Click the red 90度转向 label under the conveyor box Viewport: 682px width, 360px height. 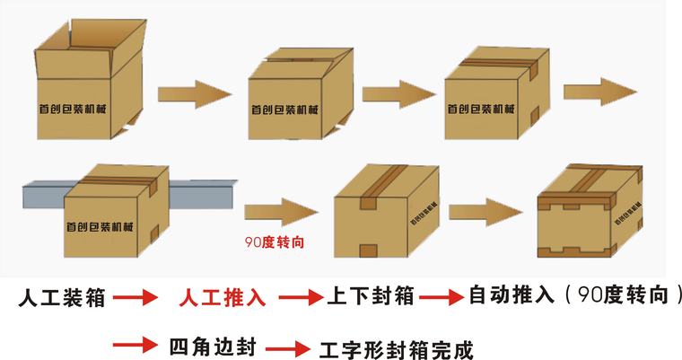click(x=270, y=241)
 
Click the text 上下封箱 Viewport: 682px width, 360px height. click(x=369, y=296)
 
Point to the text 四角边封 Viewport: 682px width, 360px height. click(x=211, y=346)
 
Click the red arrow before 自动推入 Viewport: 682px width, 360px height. click(x=440, y=296)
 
